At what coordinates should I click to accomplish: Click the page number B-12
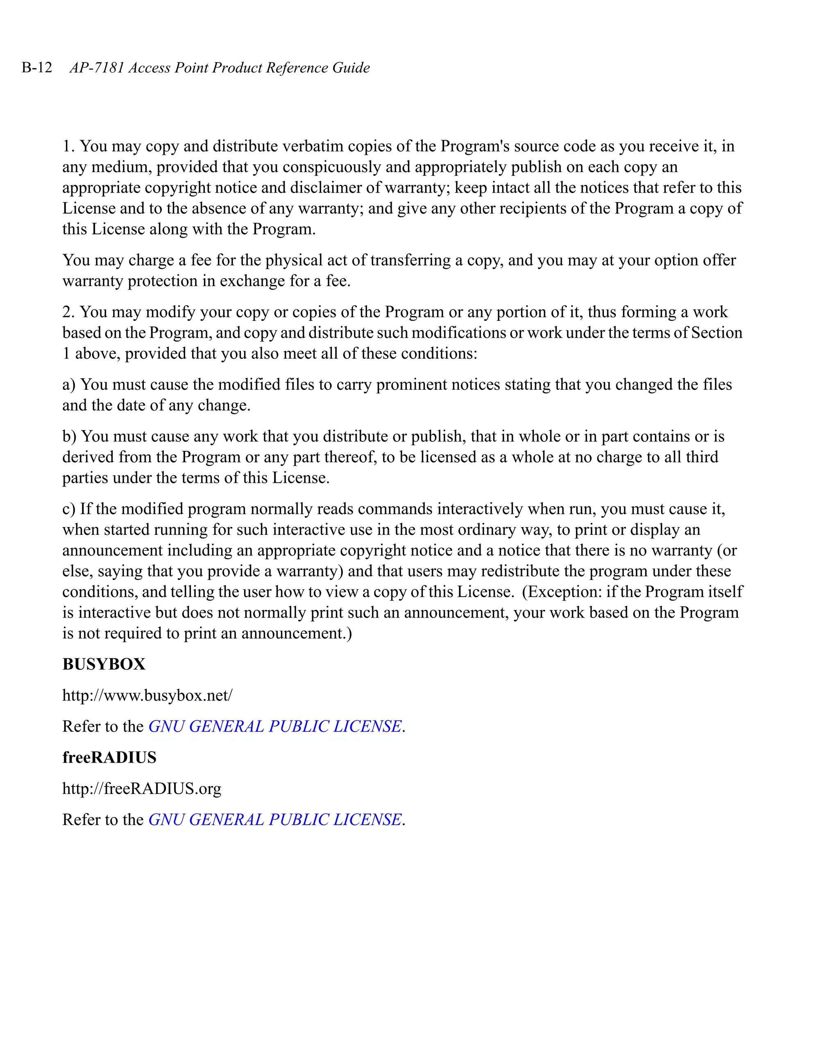pos(37,67)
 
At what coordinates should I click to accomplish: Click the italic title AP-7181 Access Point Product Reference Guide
pos(220,67)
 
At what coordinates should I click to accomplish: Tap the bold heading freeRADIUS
pos(109,757)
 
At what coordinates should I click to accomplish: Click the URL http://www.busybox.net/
pos(147,695)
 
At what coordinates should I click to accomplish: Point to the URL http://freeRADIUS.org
pos(142,788)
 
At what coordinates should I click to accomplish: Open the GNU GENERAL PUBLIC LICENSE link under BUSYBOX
pos(275,726)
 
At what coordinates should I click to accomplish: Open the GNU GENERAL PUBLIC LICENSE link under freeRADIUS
pos(275,819)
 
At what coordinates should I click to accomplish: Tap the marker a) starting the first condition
pos(68,384)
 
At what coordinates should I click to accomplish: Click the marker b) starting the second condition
pos(69,436)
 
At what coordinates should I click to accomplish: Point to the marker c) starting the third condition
pos(68,509)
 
